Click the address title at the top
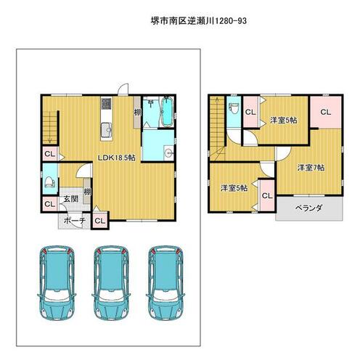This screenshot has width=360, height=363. pyautogui.click(x=199, y=21)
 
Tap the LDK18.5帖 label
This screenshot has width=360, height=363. pyautogui.click(x=116, y=158)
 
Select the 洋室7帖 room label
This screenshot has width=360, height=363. pyautogui.click(x=311, y=168)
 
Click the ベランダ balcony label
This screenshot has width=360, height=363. pyautogui.click(x=309, y=208)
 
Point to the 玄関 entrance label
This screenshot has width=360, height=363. pyautogui.click(x=71, y=199)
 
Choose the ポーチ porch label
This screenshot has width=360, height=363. pyautogui.click(x=75, y=221)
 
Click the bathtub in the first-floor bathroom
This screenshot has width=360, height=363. pyautogui.click(x=167, y=112)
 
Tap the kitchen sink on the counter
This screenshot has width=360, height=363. pyautogui.click(x=107, y=130)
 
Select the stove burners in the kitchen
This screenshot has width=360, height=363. pyautogui.click(x=107, y=103)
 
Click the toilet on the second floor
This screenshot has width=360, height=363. pyautogui.click(x=234, y=108)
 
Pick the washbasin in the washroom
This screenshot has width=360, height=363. pyautogui.click(x=168, y=152)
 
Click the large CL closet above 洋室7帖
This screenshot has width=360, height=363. pyautogui.click(x=326, y=112)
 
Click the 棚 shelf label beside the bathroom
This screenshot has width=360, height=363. pyautogui.click(x=137, y=113)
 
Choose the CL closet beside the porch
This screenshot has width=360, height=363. pyautogui.click(x=99, y=221)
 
